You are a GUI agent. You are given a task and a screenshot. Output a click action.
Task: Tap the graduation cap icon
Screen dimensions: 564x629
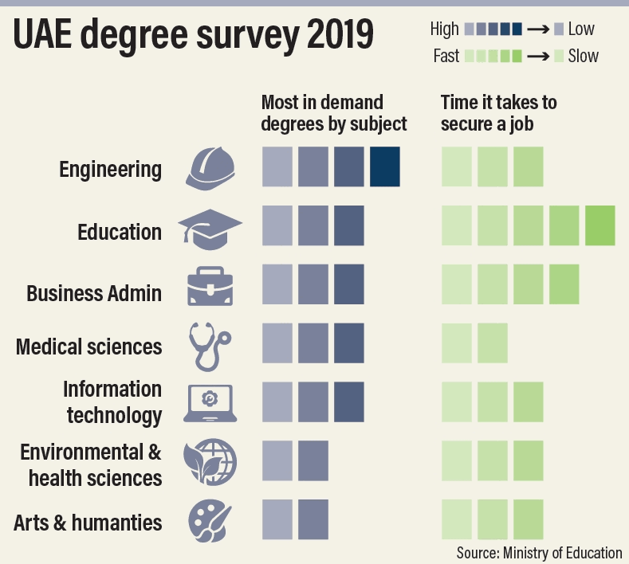tap(210, 228)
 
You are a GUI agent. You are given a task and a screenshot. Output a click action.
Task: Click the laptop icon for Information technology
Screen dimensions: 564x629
tap(210, 402)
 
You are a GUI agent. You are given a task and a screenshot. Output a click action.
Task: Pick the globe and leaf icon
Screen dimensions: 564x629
tap(210, 462)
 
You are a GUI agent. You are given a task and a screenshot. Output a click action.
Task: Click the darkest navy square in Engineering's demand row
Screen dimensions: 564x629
tap(385, 167)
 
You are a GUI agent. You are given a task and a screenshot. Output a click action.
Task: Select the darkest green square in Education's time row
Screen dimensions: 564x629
tap(600, 225)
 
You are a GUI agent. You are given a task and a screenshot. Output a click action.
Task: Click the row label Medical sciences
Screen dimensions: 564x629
tap(89, 347)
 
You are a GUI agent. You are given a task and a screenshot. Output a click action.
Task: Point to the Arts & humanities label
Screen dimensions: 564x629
tap(88, 523)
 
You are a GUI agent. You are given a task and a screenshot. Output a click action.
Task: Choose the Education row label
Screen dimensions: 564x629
tap(120, 232)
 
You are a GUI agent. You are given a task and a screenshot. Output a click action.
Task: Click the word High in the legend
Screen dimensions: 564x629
tap(444, 29)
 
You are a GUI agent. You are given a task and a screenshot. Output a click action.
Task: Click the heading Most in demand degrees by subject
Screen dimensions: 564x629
tap(334, 113)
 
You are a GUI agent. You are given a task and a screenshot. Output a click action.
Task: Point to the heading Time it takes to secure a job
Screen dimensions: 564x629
tap(499, 113)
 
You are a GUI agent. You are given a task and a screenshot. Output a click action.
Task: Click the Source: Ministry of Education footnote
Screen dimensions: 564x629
tap(539, 552)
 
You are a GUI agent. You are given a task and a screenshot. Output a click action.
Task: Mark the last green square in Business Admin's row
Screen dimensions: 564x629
tap(564, 284)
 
